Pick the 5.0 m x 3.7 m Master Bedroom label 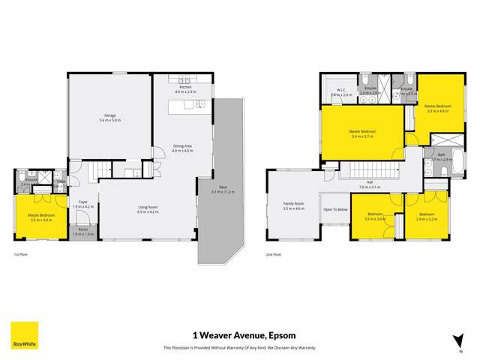[x=362, y=133]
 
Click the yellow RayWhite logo [x=24, y=335]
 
